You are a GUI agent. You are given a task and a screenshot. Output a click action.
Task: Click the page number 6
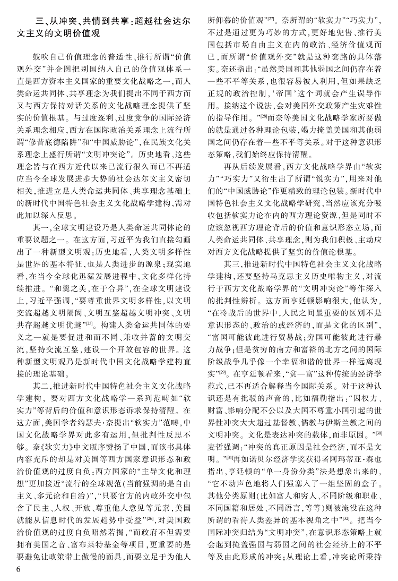click(x=18, y=569)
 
